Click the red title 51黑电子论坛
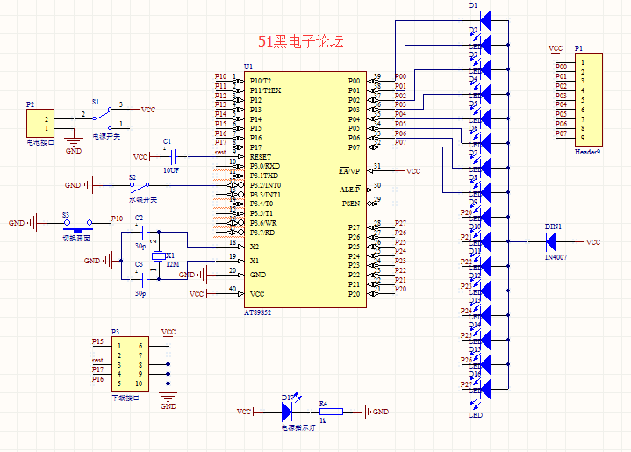300,41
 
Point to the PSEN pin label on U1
351,204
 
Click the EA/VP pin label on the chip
349,170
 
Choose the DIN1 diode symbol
554,242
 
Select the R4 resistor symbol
331,412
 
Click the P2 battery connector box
40,123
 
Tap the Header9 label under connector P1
587,152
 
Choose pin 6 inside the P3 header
140,347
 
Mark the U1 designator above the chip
248,68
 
